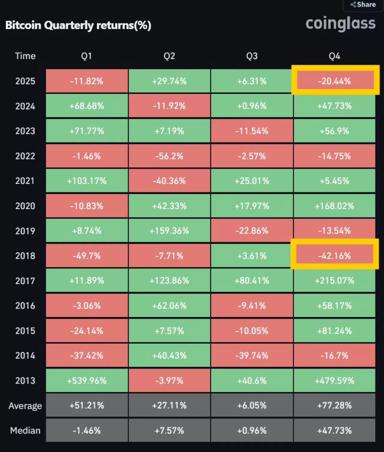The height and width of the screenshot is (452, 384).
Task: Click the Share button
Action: [363, 4]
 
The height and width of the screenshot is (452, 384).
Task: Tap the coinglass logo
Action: [340, 24]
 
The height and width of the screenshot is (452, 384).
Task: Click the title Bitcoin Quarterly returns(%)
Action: [78, 25]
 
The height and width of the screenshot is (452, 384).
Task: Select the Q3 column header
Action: [252, 56]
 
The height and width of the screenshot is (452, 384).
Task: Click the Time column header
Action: [25, 56]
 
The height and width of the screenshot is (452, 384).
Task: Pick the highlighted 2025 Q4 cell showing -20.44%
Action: [334, 81]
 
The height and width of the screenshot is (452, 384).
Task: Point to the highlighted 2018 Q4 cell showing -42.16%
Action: [334, 256]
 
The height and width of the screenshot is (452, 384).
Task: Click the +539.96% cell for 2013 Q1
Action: [87, 380]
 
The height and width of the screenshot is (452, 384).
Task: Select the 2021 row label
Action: [25, 181]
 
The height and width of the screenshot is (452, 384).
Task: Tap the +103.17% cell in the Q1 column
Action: [87, 181]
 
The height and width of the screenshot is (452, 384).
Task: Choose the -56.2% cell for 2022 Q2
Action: [169, 156]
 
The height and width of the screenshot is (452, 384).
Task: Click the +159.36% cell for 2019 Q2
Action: [169, 231]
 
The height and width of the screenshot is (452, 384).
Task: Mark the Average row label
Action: [25, 406]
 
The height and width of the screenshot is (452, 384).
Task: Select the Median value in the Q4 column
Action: [334, 430]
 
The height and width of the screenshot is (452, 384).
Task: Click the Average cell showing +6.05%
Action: [252, 406]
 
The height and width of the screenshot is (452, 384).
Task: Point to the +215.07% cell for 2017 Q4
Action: [334, 280]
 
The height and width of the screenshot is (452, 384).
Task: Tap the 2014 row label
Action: [25, 355]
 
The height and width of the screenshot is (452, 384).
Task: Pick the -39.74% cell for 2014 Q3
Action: [252, 355]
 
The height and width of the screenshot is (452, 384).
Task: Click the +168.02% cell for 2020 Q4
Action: [334, 206]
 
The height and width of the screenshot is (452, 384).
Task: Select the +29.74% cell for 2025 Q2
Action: [169, 81]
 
